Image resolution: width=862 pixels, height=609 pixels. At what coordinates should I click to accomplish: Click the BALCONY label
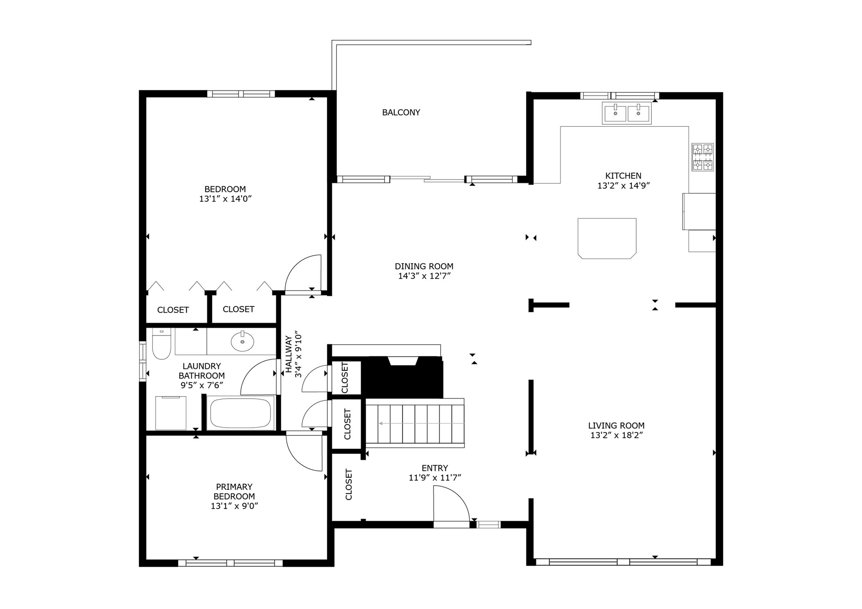pos(401,112)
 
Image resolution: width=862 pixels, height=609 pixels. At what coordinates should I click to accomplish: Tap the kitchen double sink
pos(626,113)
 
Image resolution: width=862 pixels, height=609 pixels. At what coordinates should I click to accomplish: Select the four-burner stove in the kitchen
pos(702,157)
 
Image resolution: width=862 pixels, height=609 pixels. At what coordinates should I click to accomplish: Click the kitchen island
pos(606,238)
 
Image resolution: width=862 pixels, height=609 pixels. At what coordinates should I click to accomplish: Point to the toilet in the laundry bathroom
pos(161,344)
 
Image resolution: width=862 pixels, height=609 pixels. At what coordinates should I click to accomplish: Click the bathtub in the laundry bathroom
pos(240,413)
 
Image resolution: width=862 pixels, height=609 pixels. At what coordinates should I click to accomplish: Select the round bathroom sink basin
pos(242,342)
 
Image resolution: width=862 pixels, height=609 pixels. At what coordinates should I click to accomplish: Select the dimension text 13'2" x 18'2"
pos(616,435)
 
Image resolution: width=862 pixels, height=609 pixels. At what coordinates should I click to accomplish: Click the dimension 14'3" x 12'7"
pos(424,276)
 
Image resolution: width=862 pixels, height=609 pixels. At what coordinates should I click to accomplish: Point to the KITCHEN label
pos(623,176)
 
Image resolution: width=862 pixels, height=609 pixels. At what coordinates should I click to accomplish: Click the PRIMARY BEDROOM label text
pos(234,491)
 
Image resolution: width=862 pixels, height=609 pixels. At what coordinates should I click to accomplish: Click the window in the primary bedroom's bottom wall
pos(230,563)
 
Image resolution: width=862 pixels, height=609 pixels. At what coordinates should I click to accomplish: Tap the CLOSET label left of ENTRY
pos(348,484)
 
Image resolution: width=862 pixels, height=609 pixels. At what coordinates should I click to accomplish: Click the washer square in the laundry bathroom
pos(171,413)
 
